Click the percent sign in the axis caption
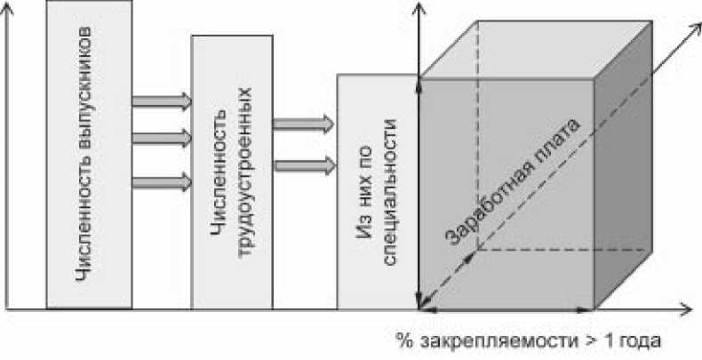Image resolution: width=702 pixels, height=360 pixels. [402, 341]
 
